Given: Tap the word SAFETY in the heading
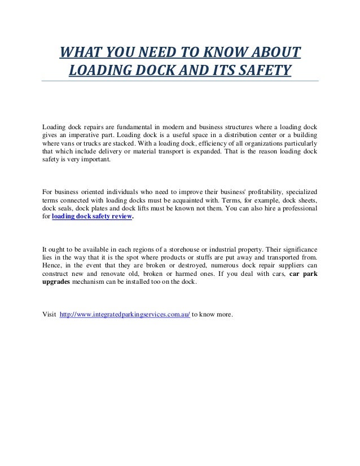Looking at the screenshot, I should (261, 72).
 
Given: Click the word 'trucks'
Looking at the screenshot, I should (82, 142).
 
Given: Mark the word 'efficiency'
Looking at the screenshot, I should (193, 142).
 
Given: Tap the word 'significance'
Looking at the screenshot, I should (298, 249).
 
